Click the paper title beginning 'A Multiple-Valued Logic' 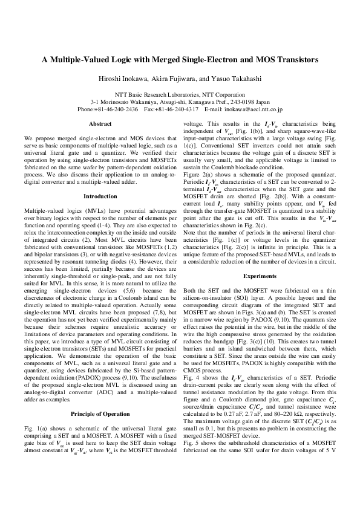click(180, 60)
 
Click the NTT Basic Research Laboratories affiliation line click(180, 96)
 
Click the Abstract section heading click(100, 123)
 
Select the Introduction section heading click(100, 179)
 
